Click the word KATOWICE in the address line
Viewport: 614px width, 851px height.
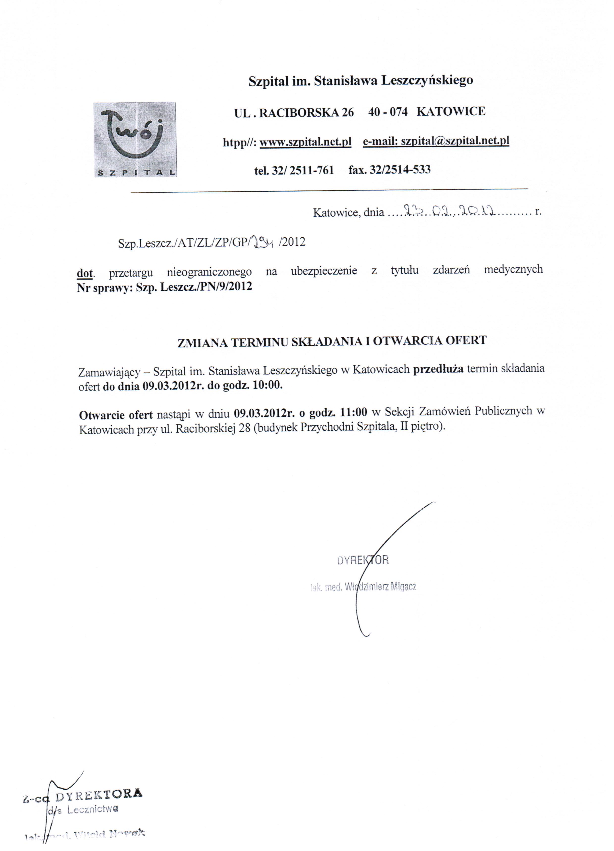coord(451,111)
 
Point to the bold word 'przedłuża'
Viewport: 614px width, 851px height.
coord(438,369)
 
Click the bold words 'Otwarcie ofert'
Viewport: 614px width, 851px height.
coord(116,415)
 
